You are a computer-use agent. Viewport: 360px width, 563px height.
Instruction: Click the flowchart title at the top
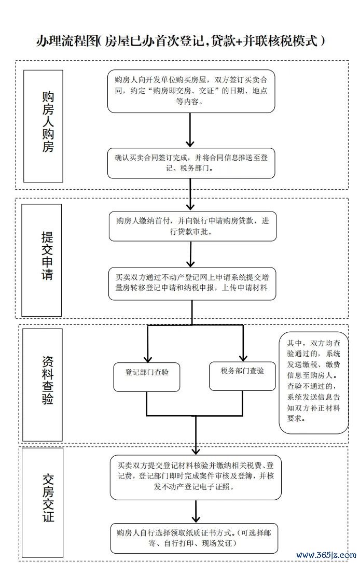181,41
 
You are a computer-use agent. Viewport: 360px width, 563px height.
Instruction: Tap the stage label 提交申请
47,256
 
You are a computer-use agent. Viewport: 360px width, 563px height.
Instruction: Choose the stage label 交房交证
48,498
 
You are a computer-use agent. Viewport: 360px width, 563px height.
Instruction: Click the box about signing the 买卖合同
191,91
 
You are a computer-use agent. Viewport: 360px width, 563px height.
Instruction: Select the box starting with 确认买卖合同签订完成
191,163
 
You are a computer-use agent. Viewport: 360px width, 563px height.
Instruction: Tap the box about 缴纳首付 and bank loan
192,226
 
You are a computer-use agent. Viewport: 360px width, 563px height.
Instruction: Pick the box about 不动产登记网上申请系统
192,283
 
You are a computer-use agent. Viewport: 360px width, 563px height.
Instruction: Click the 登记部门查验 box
147,377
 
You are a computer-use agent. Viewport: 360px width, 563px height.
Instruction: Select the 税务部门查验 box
243,375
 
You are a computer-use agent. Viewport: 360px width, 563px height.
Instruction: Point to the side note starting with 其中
314,382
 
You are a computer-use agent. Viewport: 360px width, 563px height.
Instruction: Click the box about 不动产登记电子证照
196,477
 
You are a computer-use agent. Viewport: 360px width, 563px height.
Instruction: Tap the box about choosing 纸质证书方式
194,538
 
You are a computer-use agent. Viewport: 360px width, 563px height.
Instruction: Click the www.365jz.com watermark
326,555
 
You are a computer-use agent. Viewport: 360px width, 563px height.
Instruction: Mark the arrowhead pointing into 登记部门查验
147,359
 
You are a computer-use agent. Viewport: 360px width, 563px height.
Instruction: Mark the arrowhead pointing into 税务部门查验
243,358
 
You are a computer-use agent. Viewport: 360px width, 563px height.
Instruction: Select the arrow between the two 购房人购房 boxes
190,130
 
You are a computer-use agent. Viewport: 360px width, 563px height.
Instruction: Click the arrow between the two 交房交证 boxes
196,511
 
